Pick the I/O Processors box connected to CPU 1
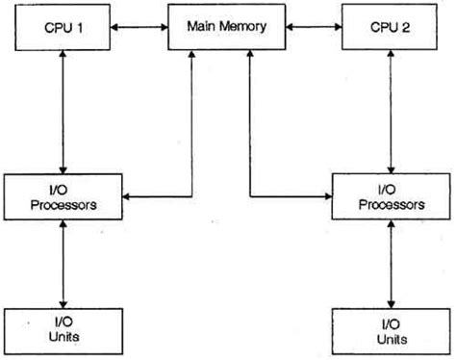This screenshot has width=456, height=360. pos(63,196)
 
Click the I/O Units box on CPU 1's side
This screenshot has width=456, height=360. pos(63,329)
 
